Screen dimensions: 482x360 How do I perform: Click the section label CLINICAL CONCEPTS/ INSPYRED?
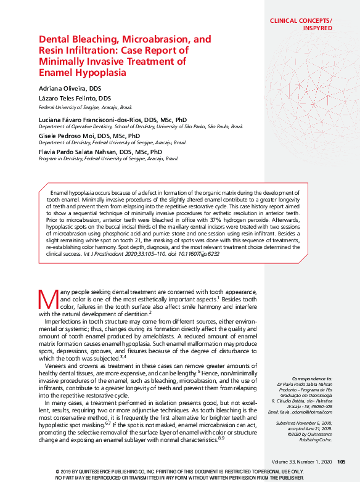coord(300,24)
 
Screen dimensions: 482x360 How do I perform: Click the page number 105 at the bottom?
coord(341,462)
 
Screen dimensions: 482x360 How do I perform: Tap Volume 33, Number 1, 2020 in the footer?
coord(301,462)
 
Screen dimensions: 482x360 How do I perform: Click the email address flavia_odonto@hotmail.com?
coord(305,411)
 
